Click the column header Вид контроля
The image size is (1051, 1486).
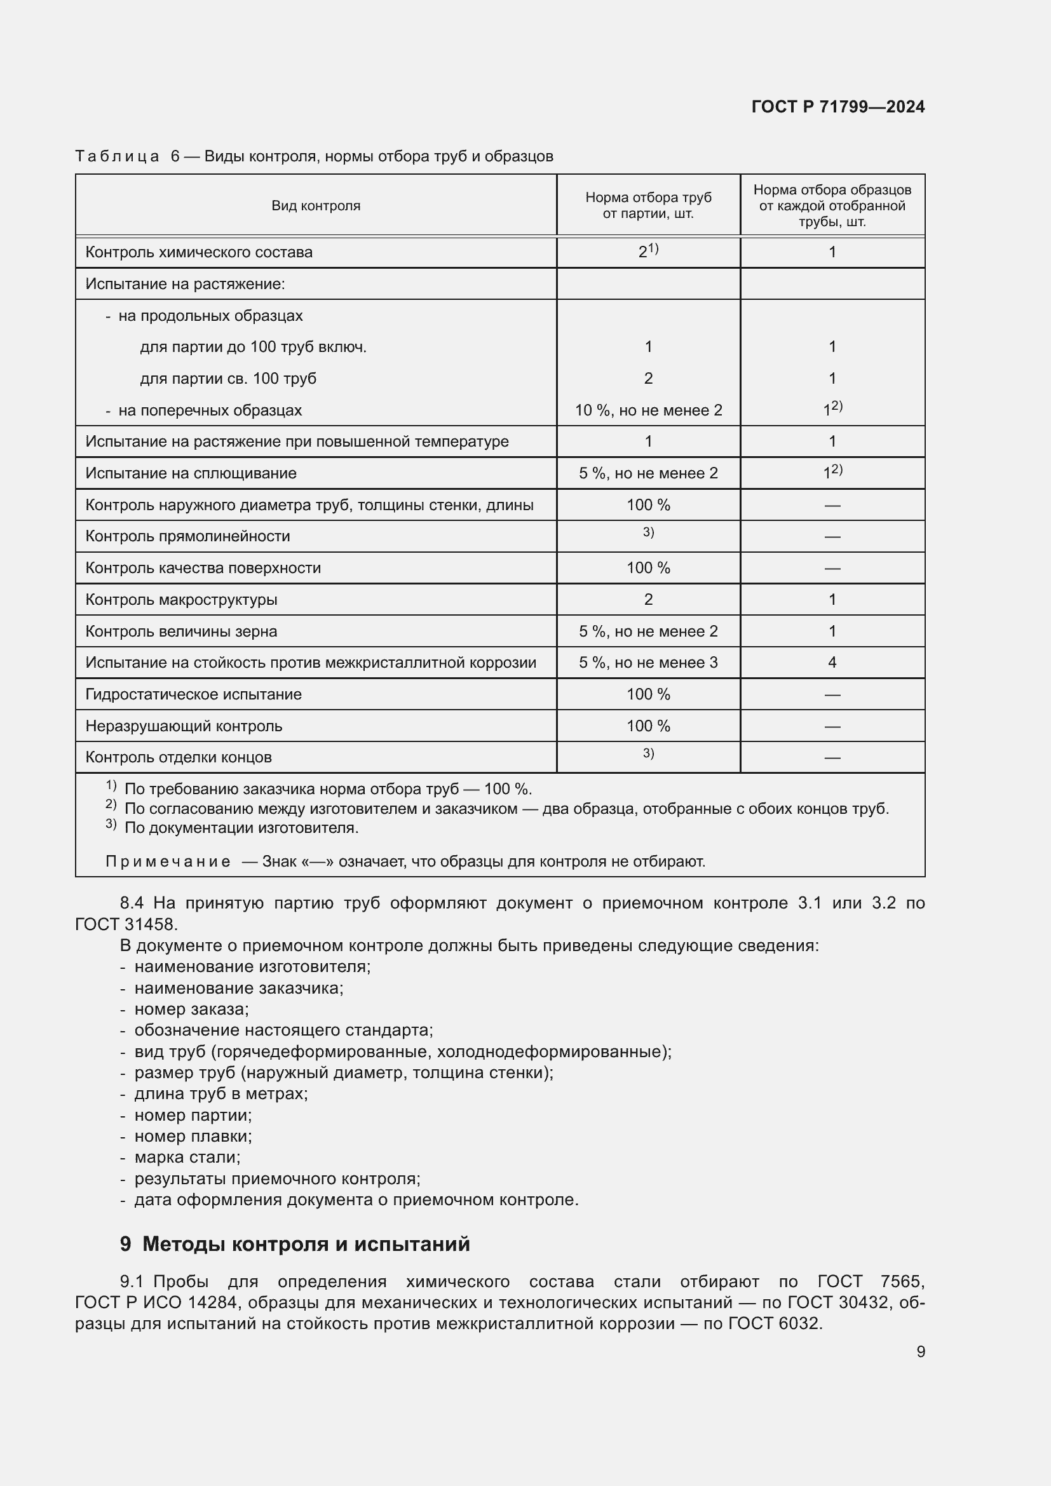[316, 206]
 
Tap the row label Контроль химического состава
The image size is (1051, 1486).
[199, 252]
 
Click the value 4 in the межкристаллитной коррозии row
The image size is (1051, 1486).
[832, 663]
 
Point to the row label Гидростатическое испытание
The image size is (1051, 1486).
[194, 694]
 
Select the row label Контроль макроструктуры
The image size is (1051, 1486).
[181, 600]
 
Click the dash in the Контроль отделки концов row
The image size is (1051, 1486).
[832, 758]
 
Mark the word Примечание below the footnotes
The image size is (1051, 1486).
[168, 862]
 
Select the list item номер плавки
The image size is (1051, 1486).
[193, 1136]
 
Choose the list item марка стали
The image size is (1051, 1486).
[187, 1157]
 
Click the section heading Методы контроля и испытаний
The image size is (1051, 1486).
[306, 1244]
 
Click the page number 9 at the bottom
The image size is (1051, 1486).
[920, 1352]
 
